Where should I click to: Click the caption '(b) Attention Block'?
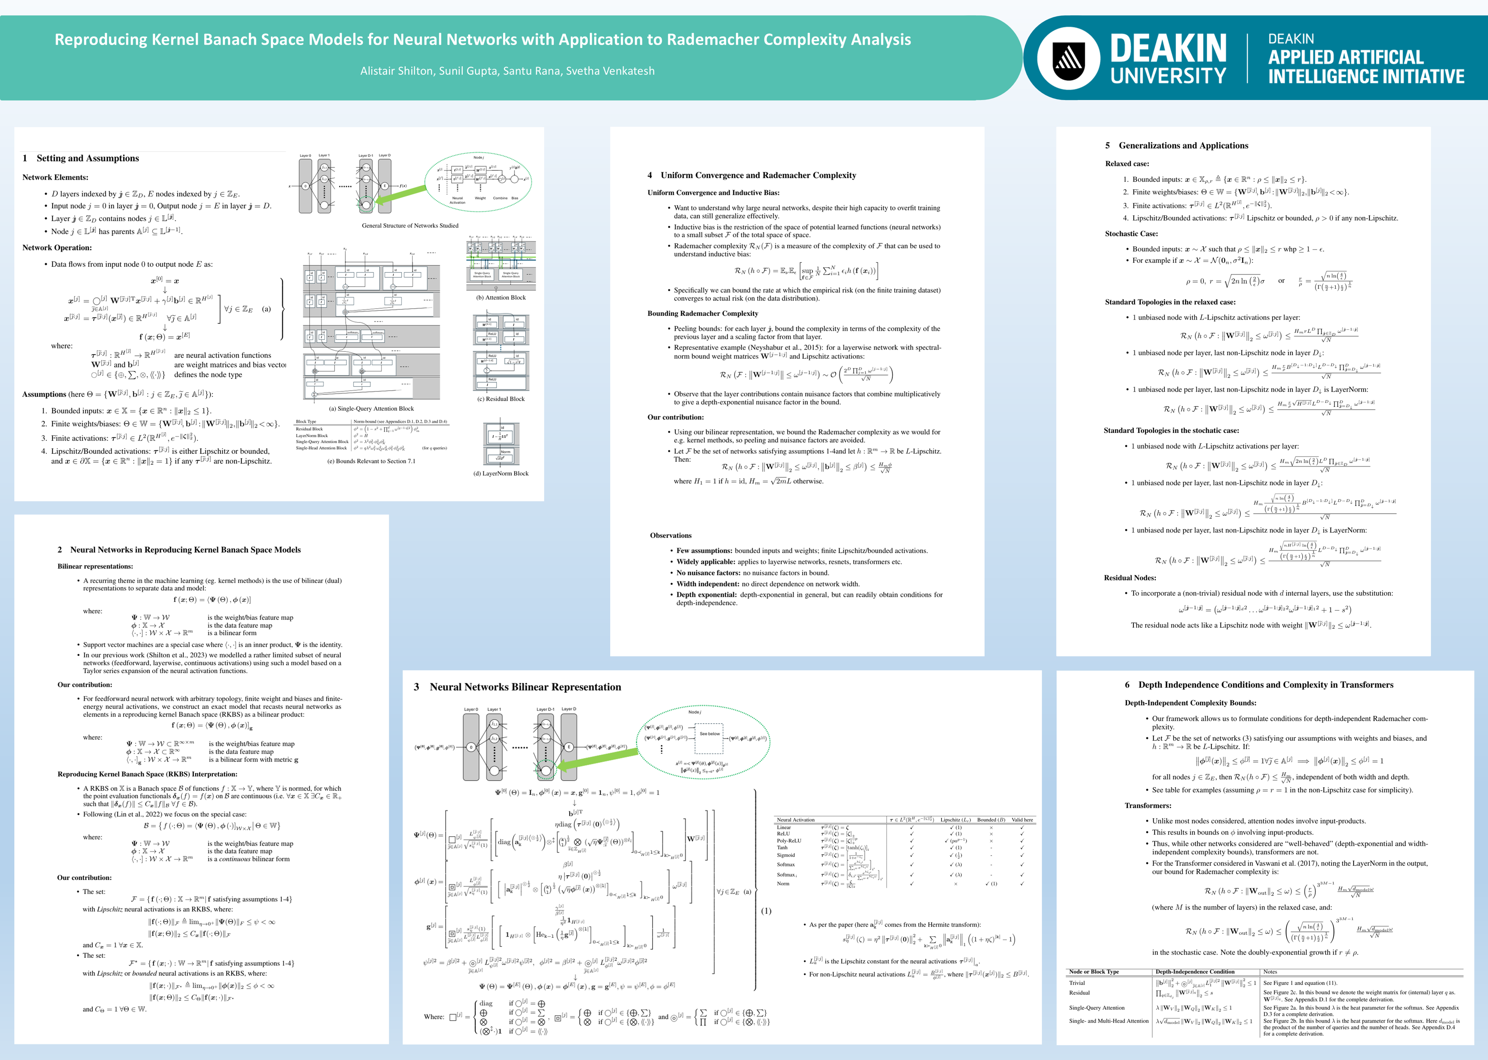pyautogui.click(x=501, y=298)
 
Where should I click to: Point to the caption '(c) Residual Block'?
pyautogui.click(x=501, y=399)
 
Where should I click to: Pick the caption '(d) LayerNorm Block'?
pyautogui.click(x=501, y=473)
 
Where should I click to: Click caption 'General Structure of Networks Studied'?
pyautogui.click(x=410, y=226)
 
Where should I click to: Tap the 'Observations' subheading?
pyautogui.click(x=671, y=535)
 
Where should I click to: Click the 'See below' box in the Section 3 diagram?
pyautogui.click(x=710, y=734)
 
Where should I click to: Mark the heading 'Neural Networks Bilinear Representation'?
pyautogui.click(x=525, y=687)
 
